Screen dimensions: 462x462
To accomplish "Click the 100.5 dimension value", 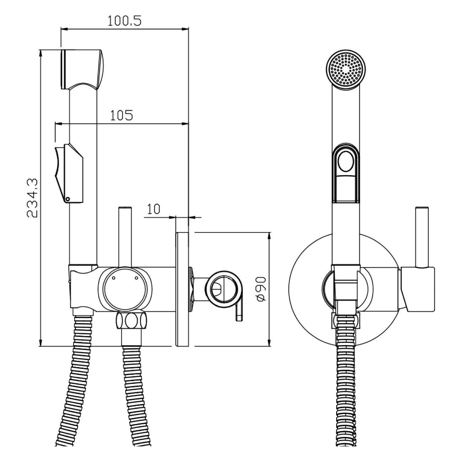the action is tap(124, 21).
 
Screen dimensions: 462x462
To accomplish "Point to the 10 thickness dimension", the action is tap(153, 209).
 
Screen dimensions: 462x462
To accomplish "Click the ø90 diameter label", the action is tap(260, 289).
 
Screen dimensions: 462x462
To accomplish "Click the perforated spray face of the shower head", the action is tap(345, 70).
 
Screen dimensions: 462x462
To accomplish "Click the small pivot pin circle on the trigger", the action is tap(68, 199).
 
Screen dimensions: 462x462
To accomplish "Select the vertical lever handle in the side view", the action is tap(125, 237).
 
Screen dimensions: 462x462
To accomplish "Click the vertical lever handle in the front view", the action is tap(422, 237).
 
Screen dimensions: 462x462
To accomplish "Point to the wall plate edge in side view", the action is tap(182, 289).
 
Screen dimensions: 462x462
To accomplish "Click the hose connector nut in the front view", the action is tap(345, 322).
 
